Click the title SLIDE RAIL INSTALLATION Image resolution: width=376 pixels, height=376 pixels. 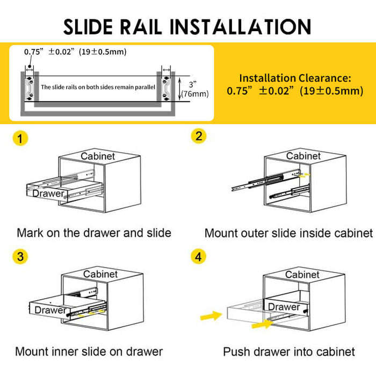click(x=187, y=26)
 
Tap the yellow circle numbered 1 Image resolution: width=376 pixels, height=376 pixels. click(x=20, y=139)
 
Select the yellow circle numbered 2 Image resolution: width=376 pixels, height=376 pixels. click(x=199, y=136)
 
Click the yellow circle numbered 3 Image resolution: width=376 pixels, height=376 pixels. click(x=20, y=256)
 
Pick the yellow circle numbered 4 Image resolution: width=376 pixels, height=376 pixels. click(x=199, y=256)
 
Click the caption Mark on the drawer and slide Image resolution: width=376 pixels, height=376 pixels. click(x=94, y=233)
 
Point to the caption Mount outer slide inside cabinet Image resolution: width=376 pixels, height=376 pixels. click(x=288, y=234)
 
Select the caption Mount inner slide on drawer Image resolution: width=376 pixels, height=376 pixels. click(x=89, y=352)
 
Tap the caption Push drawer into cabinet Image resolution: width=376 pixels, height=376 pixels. click(x=289, y=352)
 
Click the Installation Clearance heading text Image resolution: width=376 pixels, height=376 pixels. click(x=295, y=78)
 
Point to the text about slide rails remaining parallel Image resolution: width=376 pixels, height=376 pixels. click(x=98, y=86)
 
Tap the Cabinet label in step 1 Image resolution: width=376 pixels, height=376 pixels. click(x=98, y=156)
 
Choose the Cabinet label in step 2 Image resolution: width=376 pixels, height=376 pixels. click(x=303, y=156)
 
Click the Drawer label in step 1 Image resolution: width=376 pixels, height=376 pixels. click(x=48, y=193)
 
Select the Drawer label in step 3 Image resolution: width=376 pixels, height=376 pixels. click(x=50, y=310)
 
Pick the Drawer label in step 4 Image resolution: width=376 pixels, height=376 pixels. click(x=284, y=307)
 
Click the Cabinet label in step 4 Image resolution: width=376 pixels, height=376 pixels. click(x=303, y=274)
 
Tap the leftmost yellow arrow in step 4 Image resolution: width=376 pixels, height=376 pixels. click(x=210, y=315)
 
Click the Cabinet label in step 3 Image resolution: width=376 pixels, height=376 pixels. click(x=100, y=274)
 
